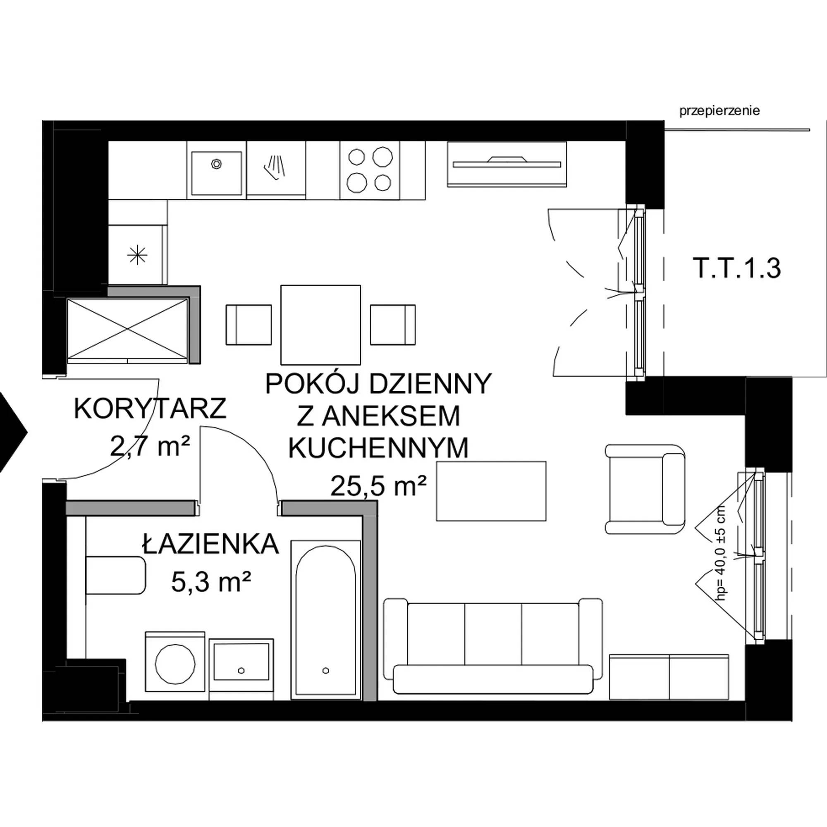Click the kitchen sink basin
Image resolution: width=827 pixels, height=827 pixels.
pos(216,173)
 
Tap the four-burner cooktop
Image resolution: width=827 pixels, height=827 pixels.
pos(369,170)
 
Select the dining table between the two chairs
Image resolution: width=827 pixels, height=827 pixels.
pos(320,324)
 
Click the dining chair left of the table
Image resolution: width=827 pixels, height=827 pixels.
pos(248,325)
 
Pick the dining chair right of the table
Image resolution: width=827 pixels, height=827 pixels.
pos(393,325)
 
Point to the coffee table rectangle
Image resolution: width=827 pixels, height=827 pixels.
pos(491,491)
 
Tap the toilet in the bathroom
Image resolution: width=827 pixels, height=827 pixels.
pos(116,575)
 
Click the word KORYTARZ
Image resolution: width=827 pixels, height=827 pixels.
pos(150,409)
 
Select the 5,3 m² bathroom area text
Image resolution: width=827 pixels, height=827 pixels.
pos(210,582)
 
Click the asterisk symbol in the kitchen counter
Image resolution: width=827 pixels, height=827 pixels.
pos(137,256)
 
